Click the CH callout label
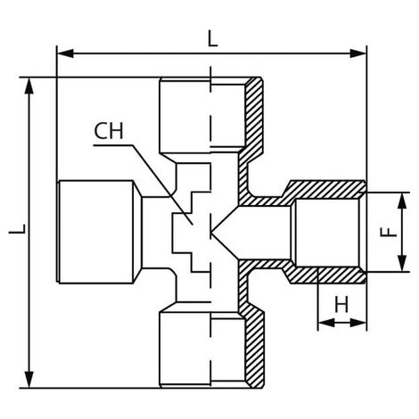pyautogui.click(x=109, y=131)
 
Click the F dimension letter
pyautogui.click(x=388, y=232)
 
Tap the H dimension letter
pyautogui.click(x=341, y=305)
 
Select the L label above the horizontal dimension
pyautogui.click(x=213, y=39)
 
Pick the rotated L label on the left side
pyautogui.click(x=18, y=229)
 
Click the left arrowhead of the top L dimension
pyautogui.click(x=65, y=53)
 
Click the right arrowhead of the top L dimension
pyautogui.click(x=358, y=53)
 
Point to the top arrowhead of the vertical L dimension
pyautogui.click(x=29, y=86)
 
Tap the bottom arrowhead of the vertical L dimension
pyautogui.click(x=29, y=380)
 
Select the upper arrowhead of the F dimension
pyautogui.click(x=402, y=201)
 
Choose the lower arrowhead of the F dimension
pyautogui.click(x=402, y=263)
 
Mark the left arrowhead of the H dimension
pyautogui.click(x=326, y=323)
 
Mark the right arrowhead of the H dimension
pyautogui.click(x=358, y=323)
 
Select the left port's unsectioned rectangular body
pyautogui.click(x=95, y=232)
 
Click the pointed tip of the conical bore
pyautogui.click(x=211, y=232)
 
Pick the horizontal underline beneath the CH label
pyautogui.click(x=113, y=145)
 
